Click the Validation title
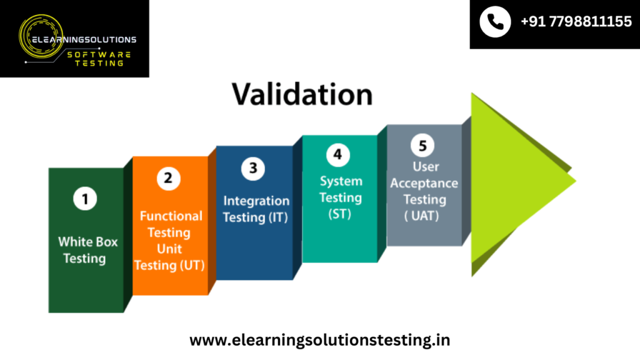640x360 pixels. click(302, 95)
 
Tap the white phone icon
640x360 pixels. click(495, 22)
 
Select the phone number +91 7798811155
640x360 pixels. click(576, 22)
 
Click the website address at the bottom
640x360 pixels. click(319, 340)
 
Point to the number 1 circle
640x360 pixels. click(85, 199)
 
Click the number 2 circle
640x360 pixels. click(169, 178)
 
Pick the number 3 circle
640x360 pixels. click(253, 168)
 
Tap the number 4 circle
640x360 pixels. click(338, 155)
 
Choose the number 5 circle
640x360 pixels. click(422, 145)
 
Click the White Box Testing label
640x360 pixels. click(87, 250)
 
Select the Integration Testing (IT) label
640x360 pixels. click(256, 209)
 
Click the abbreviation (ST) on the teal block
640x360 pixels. click(339, 214)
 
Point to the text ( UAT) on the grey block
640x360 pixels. click(422, 216)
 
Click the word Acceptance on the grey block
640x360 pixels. click(424, 183)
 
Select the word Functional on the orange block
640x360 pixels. click(171, 216)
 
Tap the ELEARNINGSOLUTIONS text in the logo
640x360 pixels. click(84, 39)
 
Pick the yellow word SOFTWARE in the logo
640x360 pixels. click(99, 54)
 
